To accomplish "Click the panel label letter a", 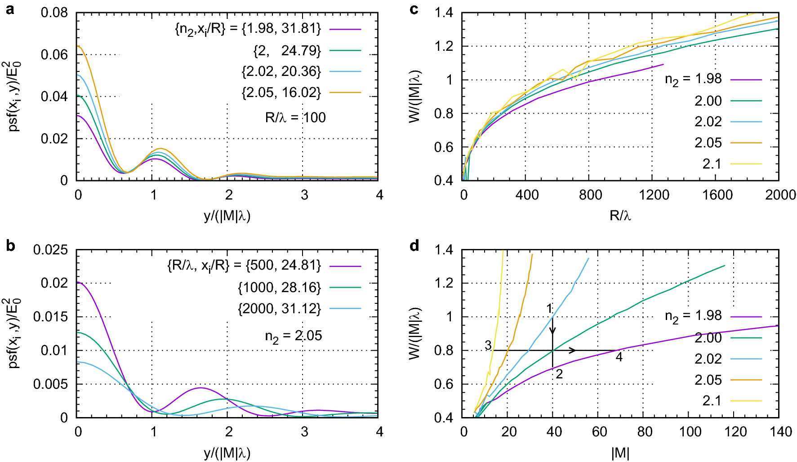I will (x=10, y=9).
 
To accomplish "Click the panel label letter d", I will (x=414, y=245).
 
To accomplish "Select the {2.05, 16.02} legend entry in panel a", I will (x=281, y=93).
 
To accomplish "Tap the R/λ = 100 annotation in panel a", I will (x=295, y=118).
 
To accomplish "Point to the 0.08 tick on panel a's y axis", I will (x=54, y=13).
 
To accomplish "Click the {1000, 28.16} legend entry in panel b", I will (x=279, y=287).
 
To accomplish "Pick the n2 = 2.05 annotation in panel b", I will (x=294, y=336).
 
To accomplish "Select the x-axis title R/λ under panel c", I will (x=620, y=216).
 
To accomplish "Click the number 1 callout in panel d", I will (x=549, y=308).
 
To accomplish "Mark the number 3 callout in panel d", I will (x=488, y=345).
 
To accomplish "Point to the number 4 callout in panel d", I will (x=619, y=358).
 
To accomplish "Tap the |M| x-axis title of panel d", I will (x=620, y=453).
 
